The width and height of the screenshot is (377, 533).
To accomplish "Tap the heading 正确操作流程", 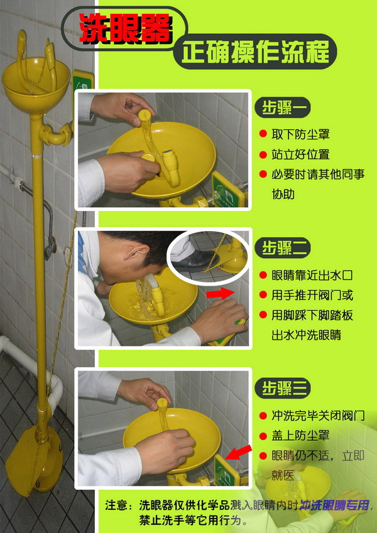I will (255, 51).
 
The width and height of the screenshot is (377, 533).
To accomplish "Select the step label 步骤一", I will (285, 108).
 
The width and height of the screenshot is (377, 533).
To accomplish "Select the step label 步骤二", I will (285, 248).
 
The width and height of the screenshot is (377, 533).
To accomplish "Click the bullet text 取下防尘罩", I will (300, 134).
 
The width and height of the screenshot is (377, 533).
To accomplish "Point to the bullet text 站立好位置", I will (300, 154).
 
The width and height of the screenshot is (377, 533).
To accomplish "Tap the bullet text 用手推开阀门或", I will (312, 294).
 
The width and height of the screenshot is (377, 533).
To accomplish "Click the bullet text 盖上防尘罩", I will (300, 435).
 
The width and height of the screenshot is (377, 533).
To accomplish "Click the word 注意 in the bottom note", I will (117, 505).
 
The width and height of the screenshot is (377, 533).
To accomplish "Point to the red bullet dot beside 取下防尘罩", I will (263, 134).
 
